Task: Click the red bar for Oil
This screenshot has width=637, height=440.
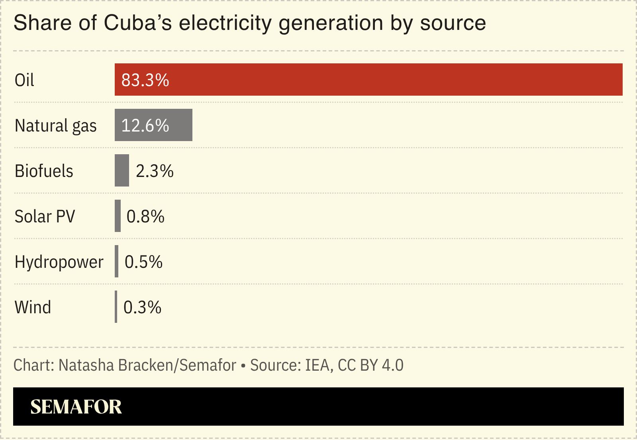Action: pyautogui.click(x=368, y=79)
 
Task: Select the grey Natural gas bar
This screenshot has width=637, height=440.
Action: pyautogui.click(x=153, y=125)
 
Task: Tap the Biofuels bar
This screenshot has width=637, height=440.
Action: pyautogui.click(x=122, y=170)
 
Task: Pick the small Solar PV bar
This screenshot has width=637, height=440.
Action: pyautogui.click(x=118, y=216)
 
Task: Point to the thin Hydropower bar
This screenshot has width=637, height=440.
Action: pyautogui.click(x=116, y=261)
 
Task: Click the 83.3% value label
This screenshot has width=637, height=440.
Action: pyautogui.click(x=145, y=80)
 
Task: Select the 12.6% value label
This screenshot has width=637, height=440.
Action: pyautogui.click(x=145, y=126)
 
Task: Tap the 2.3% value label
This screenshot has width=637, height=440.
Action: pyautogui.click(x=155, y=171)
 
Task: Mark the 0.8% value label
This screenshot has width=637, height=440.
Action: pyautogui.click(x=145, y=216)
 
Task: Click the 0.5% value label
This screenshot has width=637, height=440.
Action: pyautogui.click(x=143, y=262)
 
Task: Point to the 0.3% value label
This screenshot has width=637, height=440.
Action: pyautogui.click(x=142, y=307)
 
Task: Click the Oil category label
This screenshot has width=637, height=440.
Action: pyautogui.click(x=24, y=80)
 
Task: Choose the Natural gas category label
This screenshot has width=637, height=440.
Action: pyautogui.click(x=55, y=126)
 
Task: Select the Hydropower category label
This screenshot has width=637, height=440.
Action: pyautogui.click(x=59, y=262)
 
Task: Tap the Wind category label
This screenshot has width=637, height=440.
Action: pyautogui.click(x=33, y=307)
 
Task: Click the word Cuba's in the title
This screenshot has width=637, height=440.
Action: pyautogui.click(x=137, y=23)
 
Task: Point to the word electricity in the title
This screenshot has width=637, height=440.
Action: pyautogui.click(x=225, y=23)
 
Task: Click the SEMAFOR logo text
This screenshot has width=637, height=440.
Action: pyautogui.click(x=76, y=407)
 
